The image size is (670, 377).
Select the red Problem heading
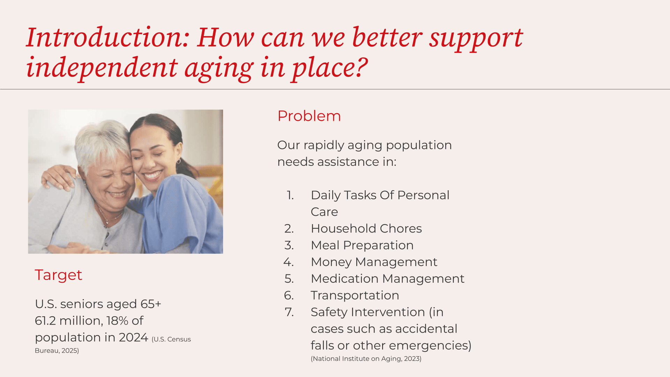pyautogui.click(x=309, y=116)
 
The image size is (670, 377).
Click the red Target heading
pyautogui.click(x=58, y=275)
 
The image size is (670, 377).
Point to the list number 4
pyautogui.click(x=288, y=262)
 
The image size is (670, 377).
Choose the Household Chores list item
pyautogui.click(x=366, y=228)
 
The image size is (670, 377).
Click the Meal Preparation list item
pyautogui.click(x=362, y=245)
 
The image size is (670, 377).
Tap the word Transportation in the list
pyautogui.click(x=355, y=295)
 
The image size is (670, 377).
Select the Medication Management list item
pyautogui.click(x=387, y=279)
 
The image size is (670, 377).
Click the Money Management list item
pyautogui.click(x=374, y=262)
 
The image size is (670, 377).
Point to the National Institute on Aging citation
pyautogui.click(x=366, y=358)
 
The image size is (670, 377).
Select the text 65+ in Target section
pyautogui.click(x=151, y=304)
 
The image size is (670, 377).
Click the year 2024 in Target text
pyautogui.click(x=133, y=337)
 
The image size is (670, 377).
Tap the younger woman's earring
pyautogui.click(x=179, y=161)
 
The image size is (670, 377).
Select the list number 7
pyautogui.click(x=289, y=312)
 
